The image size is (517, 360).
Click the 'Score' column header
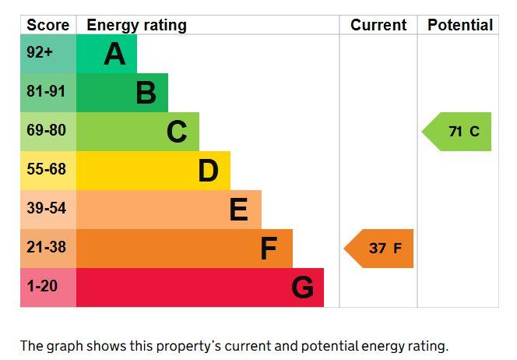click(47, 25)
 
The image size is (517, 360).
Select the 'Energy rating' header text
click(136, 26)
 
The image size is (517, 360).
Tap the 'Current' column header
click(378, 25)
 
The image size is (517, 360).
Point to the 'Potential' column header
click(460, 25)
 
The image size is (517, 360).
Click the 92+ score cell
click(40, 52)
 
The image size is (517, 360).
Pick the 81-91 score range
click(46, 91)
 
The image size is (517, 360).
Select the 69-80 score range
click(46, 130)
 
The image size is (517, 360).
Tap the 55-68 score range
click(46, 169)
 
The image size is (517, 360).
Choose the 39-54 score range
click(46, 208)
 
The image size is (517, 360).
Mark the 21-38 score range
click(46, 247)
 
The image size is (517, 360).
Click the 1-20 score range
click(42, 286)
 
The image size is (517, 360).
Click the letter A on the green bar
click(114, 54)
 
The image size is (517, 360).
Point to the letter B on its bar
click(146, 93)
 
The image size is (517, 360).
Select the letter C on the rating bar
click(177, 132)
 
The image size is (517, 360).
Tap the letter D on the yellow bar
click(209, 171)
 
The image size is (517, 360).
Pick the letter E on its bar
click(239, 210)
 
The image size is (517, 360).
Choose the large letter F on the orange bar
click(269, 249)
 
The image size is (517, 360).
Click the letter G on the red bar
click(303, 288)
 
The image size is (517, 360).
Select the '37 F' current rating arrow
click(378, 249)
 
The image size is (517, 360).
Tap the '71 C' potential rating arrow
click(457, 132)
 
